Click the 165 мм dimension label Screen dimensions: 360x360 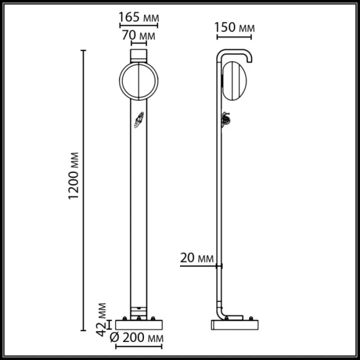(x=139, y=17)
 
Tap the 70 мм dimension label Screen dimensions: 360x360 (x=139, y=36)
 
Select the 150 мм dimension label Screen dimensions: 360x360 (x=234, y=27)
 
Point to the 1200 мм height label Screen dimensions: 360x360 (x=74, y=176)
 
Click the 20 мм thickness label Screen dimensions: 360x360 (x=197, y=258)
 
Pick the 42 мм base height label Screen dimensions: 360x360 (x=102, y=319)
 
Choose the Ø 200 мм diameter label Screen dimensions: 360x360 (x=137, y=338)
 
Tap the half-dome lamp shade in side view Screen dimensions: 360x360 (x=234, y=81)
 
